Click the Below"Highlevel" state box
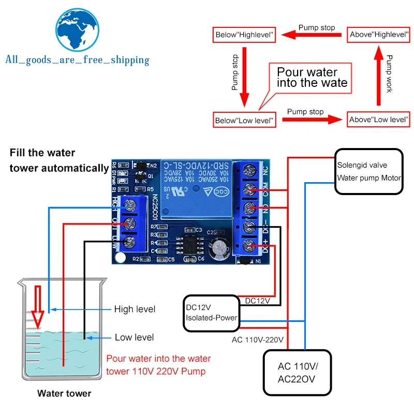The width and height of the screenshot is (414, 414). point(243,36)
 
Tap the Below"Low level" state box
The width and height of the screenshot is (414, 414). point(245,120)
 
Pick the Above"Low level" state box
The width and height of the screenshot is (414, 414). point(379,120)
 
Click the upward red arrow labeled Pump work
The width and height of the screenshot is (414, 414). point(379,78)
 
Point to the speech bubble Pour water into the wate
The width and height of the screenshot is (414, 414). point(312,78)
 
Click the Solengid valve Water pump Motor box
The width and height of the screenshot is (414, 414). point(369,172)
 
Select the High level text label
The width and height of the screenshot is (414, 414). point(135,309)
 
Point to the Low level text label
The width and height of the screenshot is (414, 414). point(134,337)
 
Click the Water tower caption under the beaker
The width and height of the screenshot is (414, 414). point(64,393)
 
